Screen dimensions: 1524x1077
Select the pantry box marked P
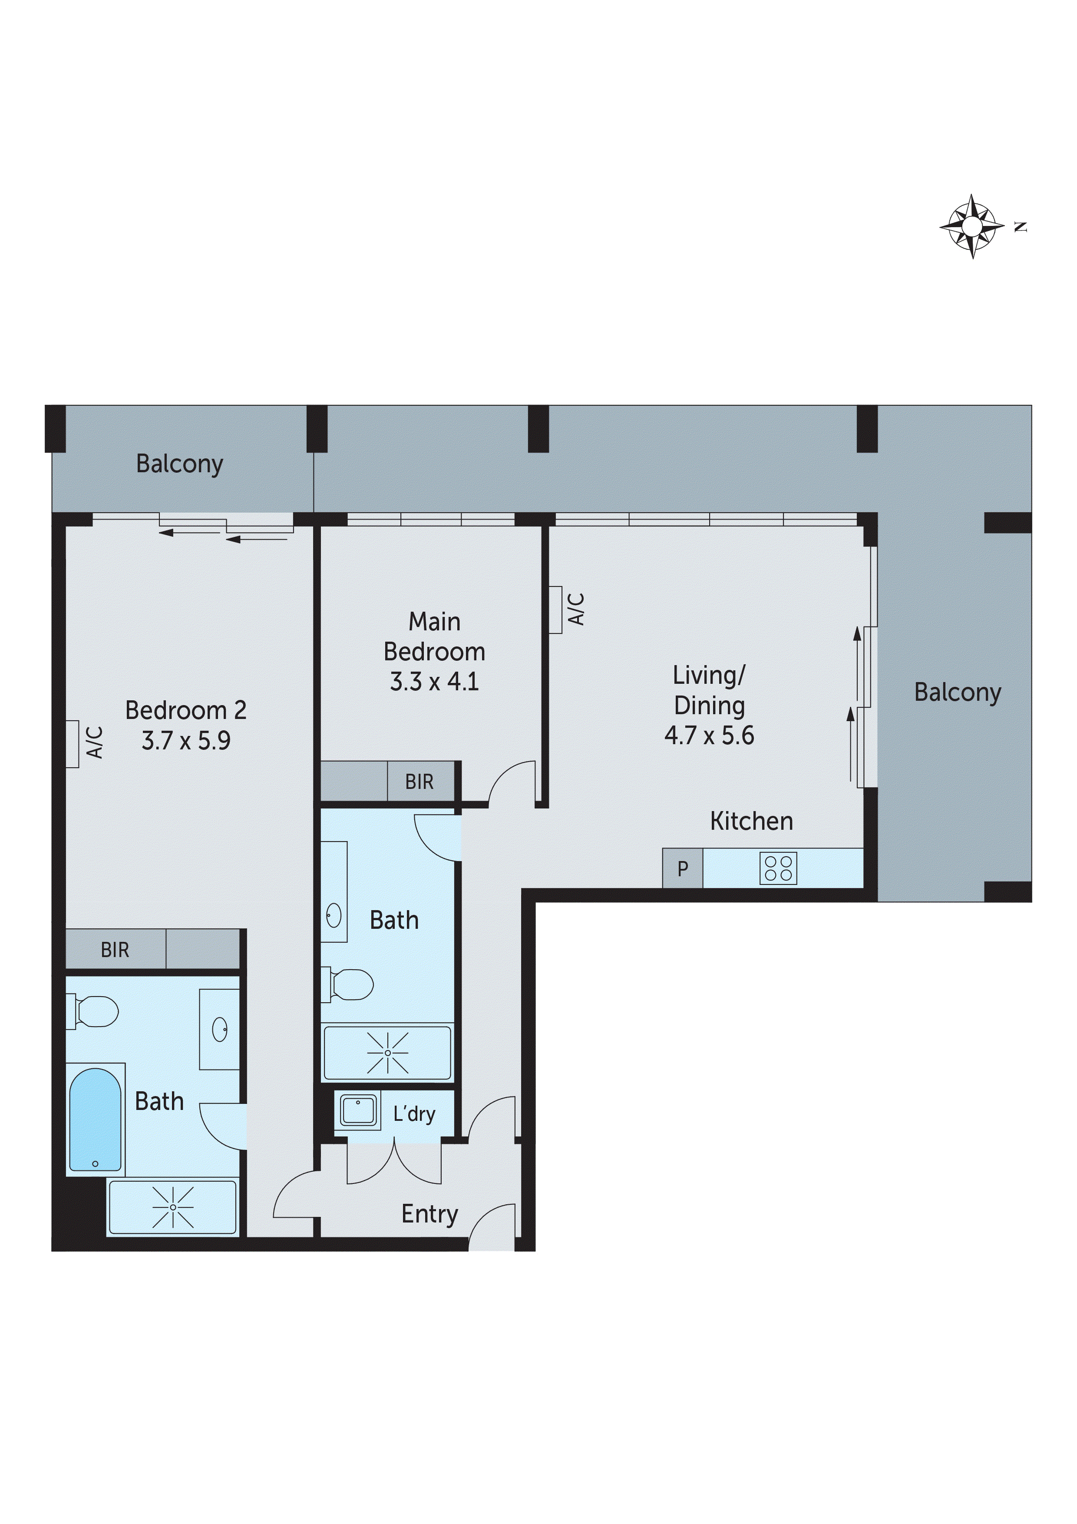682,868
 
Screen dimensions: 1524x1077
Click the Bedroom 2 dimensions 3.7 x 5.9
186,740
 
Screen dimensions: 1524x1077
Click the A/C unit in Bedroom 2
73,744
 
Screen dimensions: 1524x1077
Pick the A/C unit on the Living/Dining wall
555,610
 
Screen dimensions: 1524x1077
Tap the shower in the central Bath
387,1053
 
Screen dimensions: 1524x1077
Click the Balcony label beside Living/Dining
957,692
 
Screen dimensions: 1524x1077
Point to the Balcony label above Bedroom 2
179,463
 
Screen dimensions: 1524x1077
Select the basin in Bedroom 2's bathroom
220,1030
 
